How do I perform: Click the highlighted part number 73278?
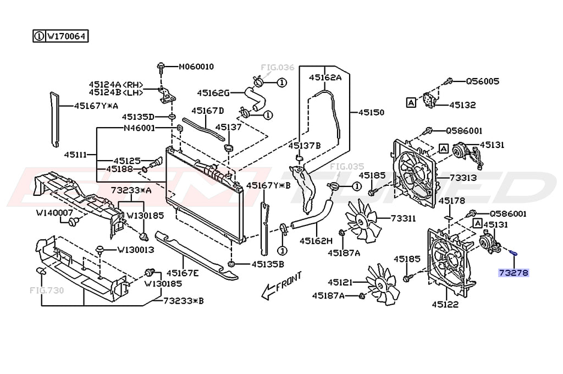(x=513, y=272)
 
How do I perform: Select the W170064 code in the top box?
(x=67, y=37)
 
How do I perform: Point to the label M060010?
(x=196, y=67)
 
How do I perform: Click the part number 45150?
(x=371, y=112)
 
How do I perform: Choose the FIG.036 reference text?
(x=278, y=68)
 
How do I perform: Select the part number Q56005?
(x=483, y=81)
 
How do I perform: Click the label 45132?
(x=462, y=105)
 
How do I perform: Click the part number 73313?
(x=463, y=178)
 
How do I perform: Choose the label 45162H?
(x=316, y=240)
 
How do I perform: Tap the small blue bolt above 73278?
(x=512, y=253)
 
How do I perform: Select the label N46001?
(x=139, y=128)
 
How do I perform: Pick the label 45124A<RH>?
(x=116, y=84)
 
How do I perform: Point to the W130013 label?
(x=135, y=250)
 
